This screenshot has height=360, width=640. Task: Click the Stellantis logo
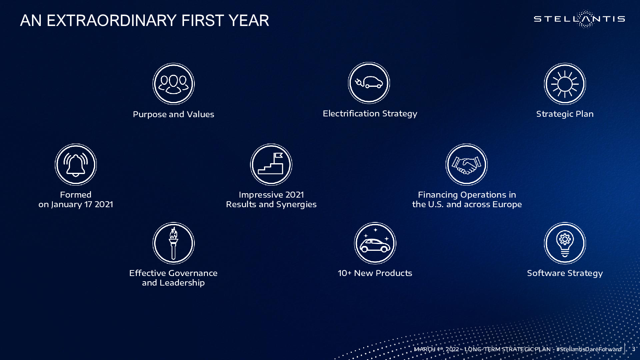click(x=579, y=19)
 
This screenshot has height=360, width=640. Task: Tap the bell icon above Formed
click(x=76, y=164)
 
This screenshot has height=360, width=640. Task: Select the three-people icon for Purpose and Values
click(x=174, y=84)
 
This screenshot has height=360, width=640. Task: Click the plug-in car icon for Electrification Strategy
click(x=369, y=83)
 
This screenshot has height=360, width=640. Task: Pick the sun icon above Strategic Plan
click(x=565, y=84)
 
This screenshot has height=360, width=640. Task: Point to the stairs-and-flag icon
click(x=271, y=164)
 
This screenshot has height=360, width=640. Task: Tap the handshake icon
click(x=466, y=164)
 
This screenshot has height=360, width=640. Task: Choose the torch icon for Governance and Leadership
click(x=174, y=243)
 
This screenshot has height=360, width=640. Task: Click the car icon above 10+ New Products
click(x=375, y=243)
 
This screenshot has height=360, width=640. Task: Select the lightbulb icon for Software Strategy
click(x=565, y=243)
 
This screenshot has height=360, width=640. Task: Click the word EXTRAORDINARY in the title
click(x=112, y=20)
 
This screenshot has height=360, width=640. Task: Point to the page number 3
click(x=634, y=349)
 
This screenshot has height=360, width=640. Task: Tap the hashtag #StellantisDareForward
click(x=589, y=349)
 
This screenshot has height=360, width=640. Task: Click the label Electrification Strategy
click(x=370, y=114)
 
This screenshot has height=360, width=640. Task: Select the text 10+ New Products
click(x=375, y=273)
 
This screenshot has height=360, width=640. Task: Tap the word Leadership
click(x=182, y=283)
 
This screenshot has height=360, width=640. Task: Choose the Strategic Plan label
click(x=565, y=114)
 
